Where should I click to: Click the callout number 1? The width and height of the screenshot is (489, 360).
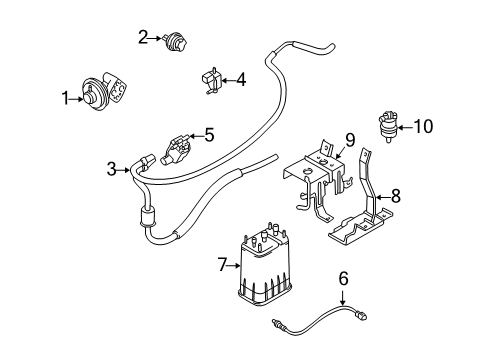point(65,98)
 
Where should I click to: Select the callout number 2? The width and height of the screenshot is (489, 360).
point(143,38)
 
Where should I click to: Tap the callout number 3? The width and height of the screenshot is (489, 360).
point(111,169)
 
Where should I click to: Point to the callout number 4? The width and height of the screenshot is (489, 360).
point(240,78)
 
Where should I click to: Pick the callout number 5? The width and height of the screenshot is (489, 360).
point(209,132)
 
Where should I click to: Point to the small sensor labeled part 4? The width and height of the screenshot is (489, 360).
point(210,78)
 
